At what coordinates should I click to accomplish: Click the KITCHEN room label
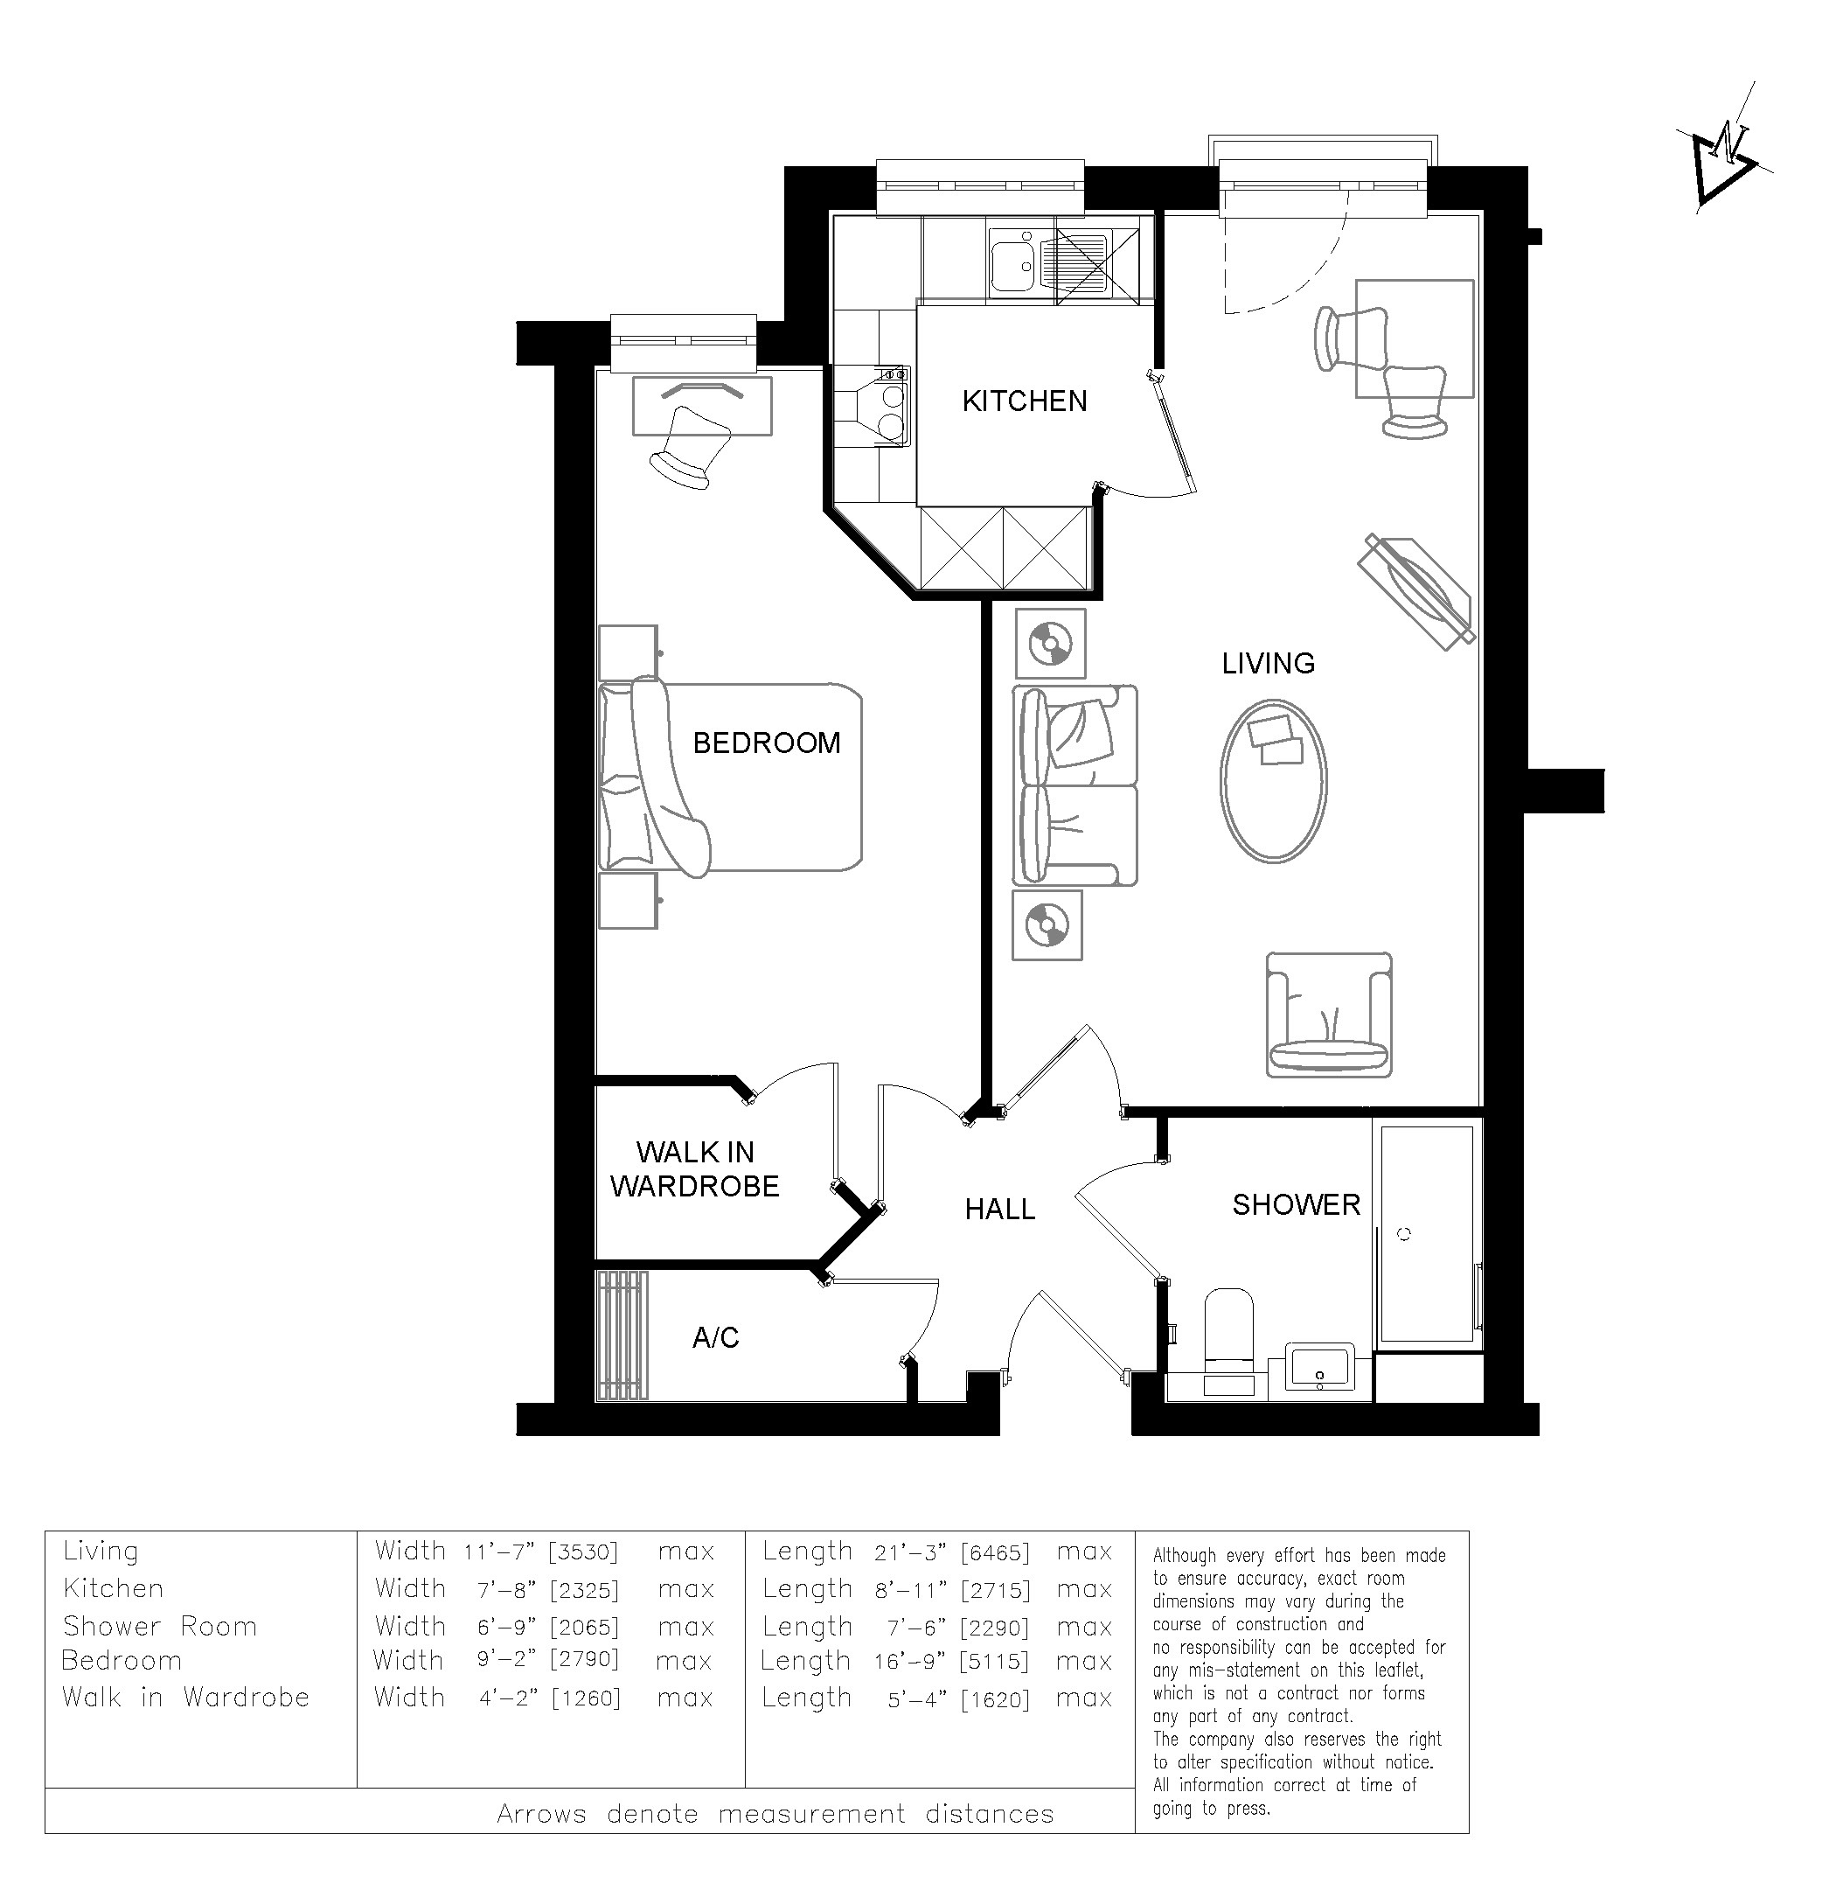coord(1024,401)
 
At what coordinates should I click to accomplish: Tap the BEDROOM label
coord(767,743)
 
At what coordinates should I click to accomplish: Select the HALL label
coord(1000,1209)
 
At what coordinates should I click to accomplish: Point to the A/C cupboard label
coord(715,1337)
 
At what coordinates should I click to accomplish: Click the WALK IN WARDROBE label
coord(695,1168)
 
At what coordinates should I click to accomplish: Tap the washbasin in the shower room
coord(1320,1366)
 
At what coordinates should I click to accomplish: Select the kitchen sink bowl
coord(1012,261)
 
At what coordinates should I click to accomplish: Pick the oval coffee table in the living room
coord(1273,780)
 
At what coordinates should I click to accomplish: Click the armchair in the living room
coord(1329,1015)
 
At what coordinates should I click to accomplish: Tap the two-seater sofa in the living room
coord(1075,785)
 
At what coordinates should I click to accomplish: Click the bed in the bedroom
coord(730,777)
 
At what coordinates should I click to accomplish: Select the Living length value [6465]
coord(995,1552)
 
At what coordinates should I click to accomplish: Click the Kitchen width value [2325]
coord(584,1590)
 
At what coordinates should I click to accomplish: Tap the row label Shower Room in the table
coord(160,1626)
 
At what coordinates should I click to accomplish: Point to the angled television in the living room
coord(1416,590)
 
